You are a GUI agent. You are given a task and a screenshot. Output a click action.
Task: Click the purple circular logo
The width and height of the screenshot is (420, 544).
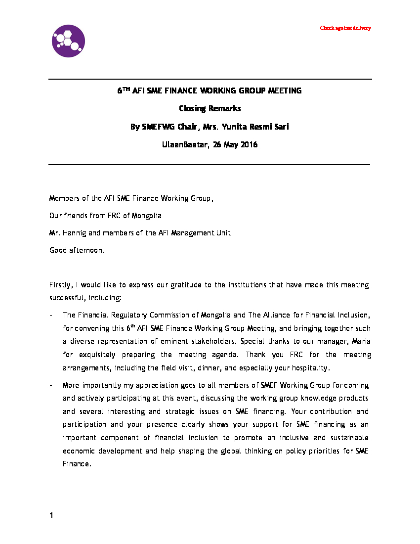point(68,41)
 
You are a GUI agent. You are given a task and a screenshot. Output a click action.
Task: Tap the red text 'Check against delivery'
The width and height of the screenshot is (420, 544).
point(345,28)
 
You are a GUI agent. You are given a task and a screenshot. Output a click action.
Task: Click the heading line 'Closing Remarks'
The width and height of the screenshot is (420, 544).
point(210,109)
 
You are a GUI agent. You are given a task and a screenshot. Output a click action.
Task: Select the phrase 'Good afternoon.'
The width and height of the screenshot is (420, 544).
point(77,250)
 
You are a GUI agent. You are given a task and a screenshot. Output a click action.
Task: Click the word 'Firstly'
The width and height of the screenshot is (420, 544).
point(60,285)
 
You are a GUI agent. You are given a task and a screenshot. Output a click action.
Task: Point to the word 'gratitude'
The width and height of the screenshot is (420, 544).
point(186,285)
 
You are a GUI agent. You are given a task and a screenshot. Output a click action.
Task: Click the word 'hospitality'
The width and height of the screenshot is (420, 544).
point(308,368)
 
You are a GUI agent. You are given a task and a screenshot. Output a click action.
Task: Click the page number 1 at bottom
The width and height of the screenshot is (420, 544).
point(51,516)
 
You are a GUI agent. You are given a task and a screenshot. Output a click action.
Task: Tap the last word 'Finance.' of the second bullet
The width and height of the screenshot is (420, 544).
point(77,464)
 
